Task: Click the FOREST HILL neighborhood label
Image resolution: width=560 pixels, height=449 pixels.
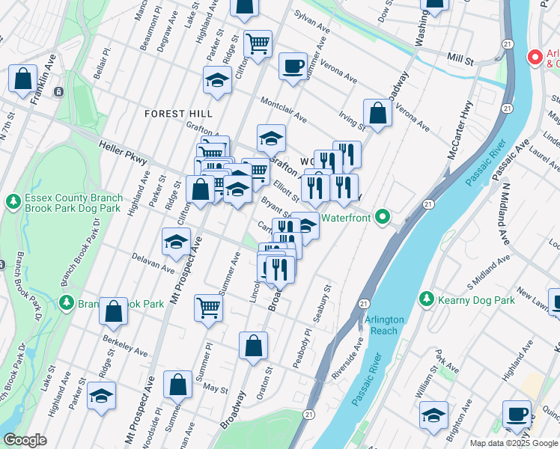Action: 179,113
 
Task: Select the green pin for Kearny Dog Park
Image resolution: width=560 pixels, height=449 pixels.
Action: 427,299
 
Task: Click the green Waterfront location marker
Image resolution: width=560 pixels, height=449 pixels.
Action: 383,219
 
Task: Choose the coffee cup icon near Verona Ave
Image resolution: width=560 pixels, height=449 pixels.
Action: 293,66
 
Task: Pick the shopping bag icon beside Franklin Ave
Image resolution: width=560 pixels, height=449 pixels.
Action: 23,79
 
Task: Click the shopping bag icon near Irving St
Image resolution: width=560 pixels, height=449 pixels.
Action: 379,114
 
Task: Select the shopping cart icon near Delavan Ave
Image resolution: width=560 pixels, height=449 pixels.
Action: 208,307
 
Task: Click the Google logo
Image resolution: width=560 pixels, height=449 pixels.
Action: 25,440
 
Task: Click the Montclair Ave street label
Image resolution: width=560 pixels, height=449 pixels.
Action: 283,110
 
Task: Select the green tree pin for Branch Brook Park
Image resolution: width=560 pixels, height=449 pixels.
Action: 67,302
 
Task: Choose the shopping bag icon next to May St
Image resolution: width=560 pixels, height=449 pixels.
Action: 178,385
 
